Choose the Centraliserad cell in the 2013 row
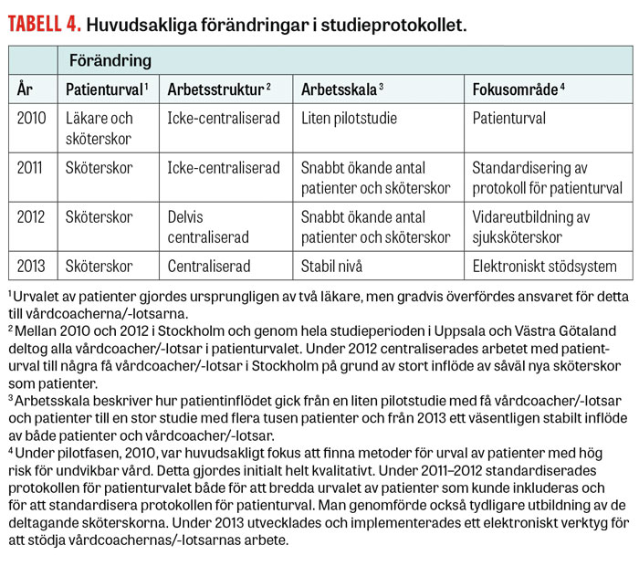coord(209,267)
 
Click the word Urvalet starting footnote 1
coord(36,296)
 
